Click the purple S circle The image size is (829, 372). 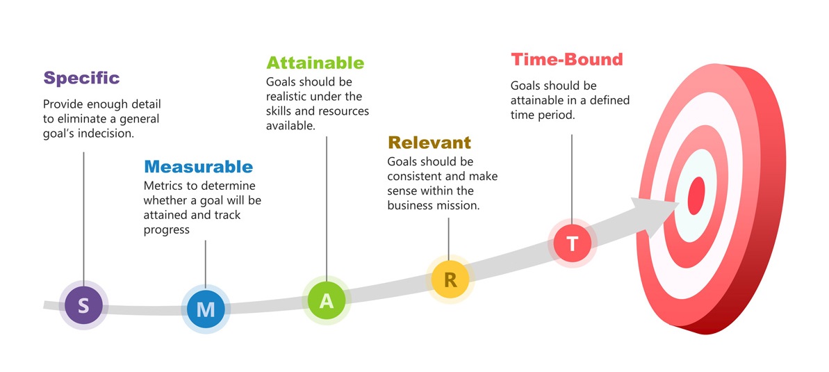[83, 305]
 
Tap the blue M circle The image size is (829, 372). [206, 309]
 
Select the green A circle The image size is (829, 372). [327, 300]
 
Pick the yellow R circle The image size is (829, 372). [450, 280]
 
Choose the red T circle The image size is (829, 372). [572, 243]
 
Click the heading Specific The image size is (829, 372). [81, 78]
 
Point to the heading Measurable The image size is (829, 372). [198, 167]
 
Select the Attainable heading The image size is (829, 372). [315, 63]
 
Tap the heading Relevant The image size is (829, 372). [429, 143]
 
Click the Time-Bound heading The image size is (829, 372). [567, 60]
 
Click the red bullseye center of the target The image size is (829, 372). [696, 195]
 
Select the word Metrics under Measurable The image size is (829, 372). [165, 186]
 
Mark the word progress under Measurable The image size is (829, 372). [166, 229]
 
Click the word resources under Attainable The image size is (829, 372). [340, 111]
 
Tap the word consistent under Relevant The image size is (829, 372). [416, 176]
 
